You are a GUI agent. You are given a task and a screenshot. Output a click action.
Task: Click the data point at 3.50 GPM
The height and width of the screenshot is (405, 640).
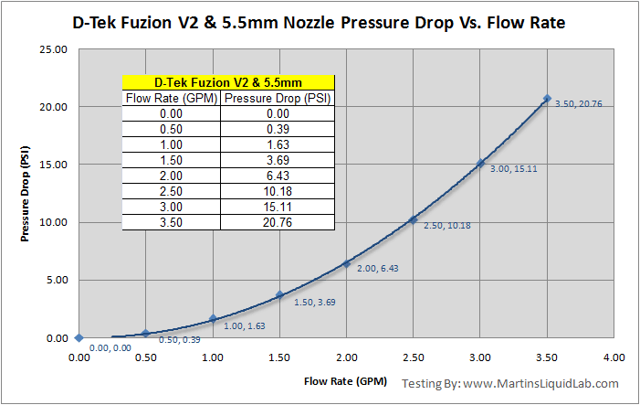click(547, 99)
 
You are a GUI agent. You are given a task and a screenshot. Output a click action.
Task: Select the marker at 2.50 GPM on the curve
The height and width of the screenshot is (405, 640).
click(413, 219)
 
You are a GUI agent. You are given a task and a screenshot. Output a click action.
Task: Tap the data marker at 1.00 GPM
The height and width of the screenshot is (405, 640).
click(213, 319)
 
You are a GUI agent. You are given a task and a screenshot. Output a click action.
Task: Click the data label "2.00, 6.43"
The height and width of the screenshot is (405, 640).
click(378, 268)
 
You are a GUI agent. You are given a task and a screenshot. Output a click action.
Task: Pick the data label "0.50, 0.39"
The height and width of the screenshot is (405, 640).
click(182, 340)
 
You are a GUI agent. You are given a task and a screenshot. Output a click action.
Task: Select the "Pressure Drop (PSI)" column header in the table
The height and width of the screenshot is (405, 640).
click(278, 98)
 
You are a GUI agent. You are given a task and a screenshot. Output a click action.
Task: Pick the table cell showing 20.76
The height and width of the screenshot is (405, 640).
click(278, 222)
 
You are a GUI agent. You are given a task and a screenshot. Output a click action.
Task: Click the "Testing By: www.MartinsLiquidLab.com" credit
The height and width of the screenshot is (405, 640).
click(523, 384)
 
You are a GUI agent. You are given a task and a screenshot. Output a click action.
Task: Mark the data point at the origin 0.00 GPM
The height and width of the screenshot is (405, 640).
click(79, 337)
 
